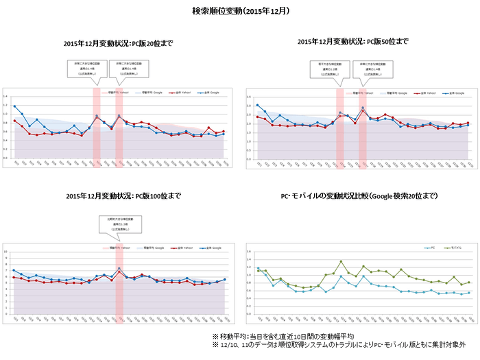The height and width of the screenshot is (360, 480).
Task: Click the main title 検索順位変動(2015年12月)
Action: point(240,12)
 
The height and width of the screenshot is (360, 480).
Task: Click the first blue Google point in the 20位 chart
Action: point(15,106)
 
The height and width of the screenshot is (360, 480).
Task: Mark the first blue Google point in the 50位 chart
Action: point(257,105)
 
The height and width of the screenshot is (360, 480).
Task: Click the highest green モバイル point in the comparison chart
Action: point(341,261)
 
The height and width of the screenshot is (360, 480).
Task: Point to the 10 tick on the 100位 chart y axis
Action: point(6,252)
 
